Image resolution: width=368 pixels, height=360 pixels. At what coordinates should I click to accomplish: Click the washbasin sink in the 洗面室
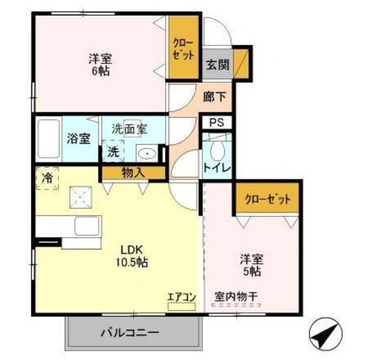coord(147,154)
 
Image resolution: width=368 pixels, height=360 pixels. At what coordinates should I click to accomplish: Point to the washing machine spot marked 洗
coord(113,151)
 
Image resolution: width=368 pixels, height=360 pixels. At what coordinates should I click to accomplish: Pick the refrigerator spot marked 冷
coord(47,178)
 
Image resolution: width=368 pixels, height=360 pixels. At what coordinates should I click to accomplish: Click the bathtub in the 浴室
coord(48,139)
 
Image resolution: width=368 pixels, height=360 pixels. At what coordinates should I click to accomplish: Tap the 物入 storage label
coord(133,173)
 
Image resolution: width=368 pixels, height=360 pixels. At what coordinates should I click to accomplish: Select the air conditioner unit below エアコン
coord(182,307)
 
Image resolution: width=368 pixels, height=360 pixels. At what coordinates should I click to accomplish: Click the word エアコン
coord(182,297)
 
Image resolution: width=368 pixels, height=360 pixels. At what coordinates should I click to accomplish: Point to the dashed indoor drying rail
coord(236,305)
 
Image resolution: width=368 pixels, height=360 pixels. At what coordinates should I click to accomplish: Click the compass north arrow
coord(326,334)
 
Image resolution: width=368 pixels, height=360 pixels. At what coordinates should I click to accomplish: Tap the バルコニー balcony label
coord(130,332)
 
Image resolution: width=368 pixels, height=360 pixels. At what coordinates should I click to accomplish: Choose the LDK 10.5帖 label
coord(132,256)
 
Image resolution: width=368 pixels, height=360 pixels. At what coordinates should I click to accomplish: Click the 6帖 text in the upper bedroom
coord(101,71)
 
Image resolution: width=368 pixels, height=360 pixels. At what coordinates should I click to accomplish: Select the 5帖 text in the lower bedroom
coord(252,271)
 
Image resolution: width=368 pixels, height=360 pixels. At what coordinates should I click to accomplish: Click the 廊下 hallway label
coord(214,97)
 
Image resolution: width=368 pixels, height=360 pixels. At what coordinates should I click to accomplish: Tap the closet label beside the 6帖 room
coord(183,49)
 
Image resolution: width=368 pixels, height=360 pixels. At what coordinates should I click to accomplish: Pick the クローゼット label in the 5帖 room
coord(267,200)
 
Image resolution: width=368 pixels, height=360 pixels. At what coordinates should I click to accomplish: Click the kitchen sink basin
coord(87,226)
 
